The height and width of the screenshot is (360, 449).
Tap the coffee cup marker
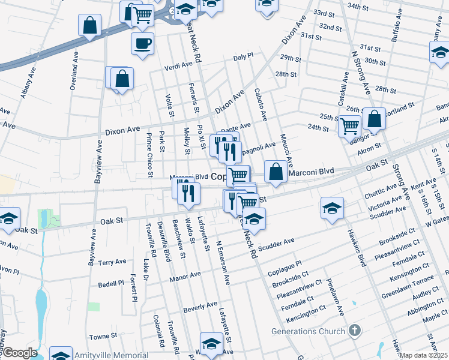143,43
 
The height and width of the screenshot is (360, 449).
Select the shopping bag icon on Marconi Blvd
275,172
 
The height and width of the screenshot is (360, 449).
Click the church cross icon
355,330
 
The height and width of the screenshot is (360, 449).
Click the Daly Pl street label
244,57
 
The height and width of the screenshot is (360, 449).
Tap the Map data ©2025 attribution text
423,355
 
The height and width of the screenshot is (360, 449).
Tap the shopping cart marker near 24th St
350,126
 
